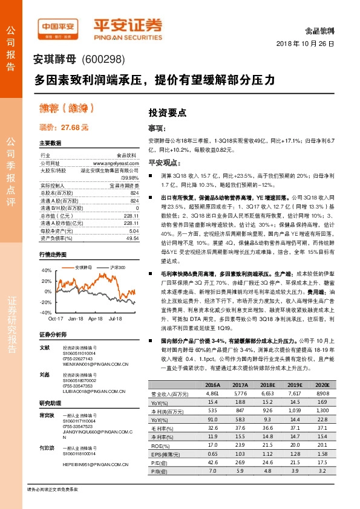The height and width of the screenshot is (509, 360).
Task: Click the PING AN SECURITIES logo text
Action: [126, 36]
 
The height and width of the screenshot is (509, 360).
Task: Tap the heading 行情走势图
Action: [51, 256]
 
